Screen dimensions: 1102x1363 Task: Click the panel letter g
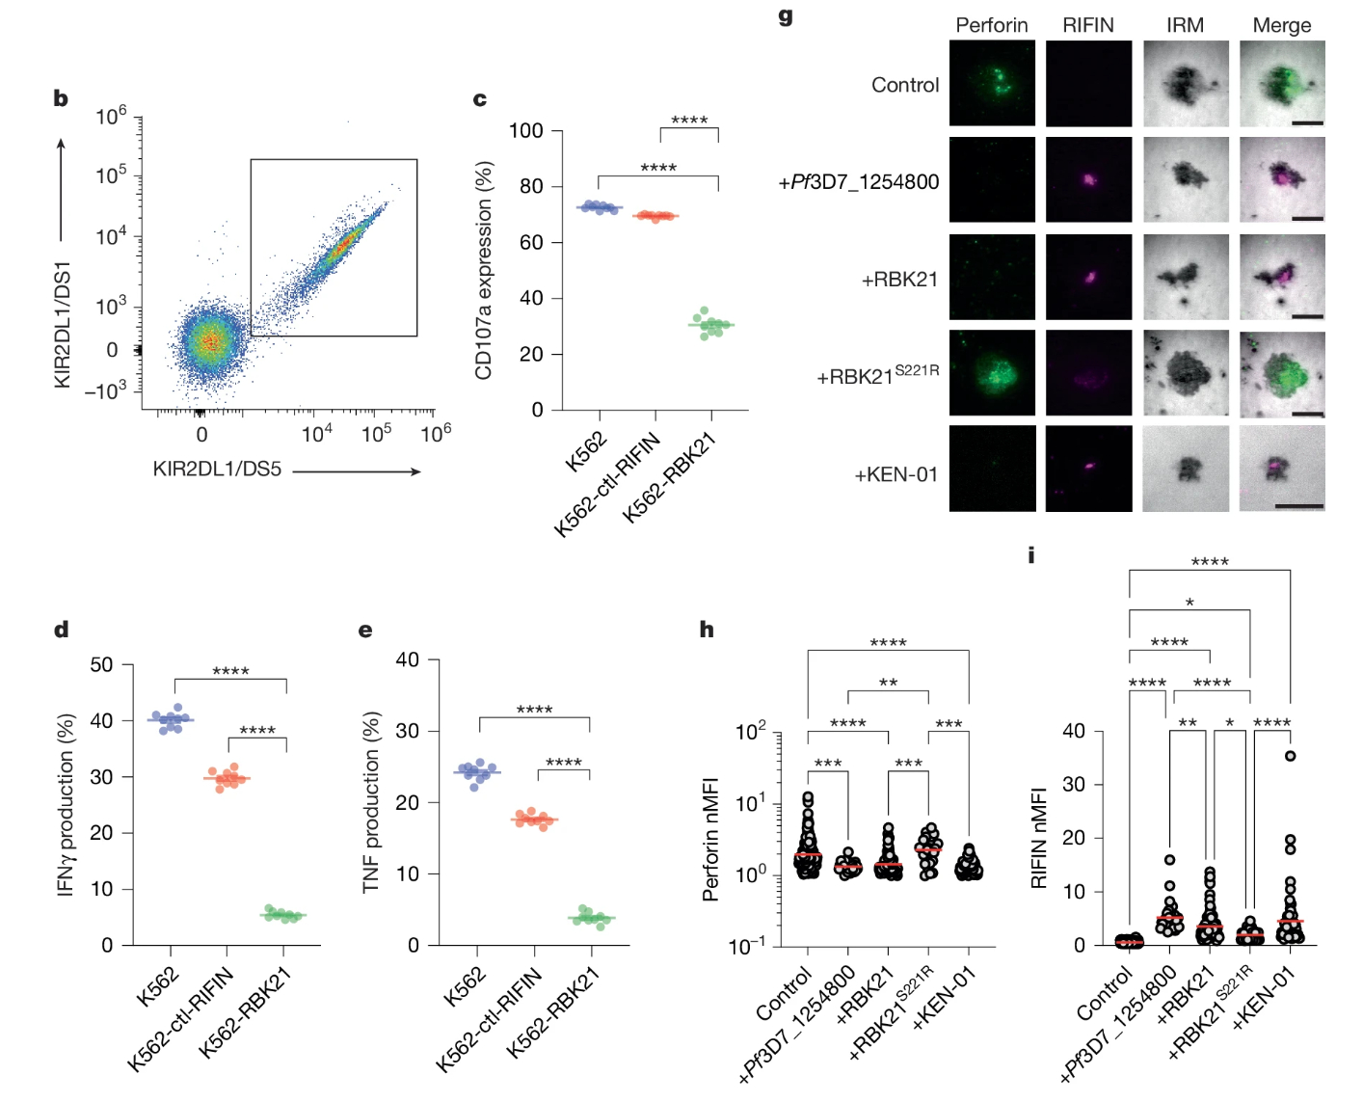coord(786,16)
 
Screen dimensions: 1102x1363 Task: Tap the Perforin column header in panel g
coord(991,26)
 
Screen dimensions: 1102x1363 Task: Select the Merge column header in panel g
coord(1281,26)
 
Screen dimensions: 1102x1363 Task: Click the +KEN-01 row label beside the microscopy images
coord(895,474)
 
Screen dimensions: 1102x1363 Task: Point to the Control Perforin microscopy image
coord(992,83)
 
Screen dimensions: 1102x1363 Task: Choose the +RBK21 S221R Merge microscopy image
coord(1282,374)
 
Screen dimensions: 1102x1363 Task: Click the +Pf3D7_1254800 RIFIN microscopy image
coord(1088,180)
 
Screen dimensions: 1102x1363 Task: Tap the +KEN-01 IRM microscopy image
coord(1186,469)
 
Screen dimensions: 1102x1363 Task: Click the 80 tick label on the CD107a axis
coord(526,186)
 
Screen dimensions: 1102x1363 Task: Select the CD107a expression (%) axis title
coord(484,271)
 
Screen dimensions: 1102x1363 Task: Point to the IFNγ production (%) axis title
coord(66,805)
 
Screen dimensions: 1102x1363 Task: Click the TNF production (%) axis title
coord(371,802)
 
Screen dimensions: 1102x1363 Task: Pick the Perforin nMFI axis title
coord(711,839)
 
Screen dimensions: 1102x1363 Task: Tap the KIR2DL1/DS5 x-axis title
coord(217,470)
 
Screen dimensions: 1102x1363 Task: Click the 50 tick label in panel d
coord(101,664)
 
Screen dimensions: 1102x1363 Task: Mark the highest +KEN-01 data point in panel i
coord(1290,756)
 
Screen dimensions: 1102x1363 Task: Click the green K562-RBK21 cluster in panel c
coord(711,324)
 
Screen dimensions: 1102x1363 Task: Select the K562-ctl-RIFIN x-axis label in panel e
coord(491,1020)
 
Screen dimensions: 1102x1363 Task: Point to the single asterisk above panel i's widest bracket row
coord(1189,603)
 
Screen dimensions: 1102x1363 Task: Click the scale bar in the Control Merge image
coord(1307,123)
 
